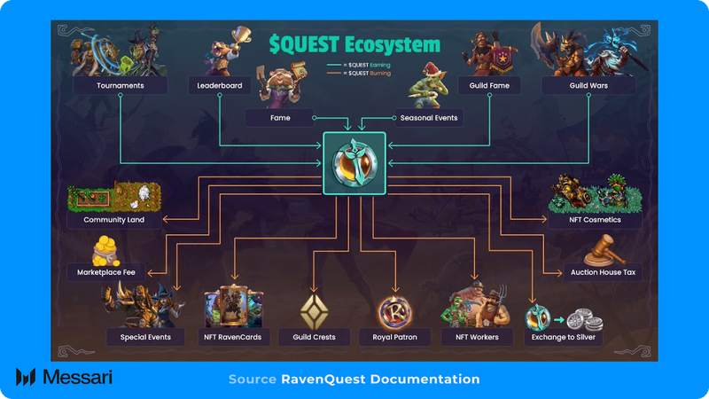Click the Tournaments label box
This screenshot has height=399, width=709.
point(121,86)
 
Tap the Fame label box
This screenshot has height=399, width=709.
point(280,117)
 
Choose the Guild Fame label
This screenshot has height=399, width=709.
point(488,86)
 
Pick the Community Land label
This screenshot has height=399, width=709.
point(114,220)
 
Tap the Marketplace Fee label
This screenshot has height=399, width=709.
point(107,273)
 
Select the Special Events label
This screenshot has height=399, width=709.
point(145,337)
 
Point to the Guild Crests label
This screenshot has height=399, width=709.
point(313,337)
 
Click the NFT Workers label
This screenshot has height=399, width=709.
point(477,337)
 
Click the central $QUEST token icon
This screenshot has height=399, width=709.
point(354,164)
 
